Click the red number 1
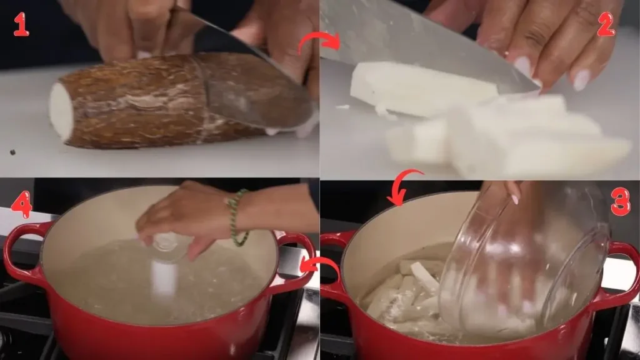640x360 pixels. coord(21,24)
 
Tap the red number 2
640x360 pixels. coord(605,24)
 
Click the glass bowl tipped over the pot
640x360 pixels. coord(525,262)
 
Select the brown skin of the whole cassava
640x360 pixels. coord(137,100)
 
